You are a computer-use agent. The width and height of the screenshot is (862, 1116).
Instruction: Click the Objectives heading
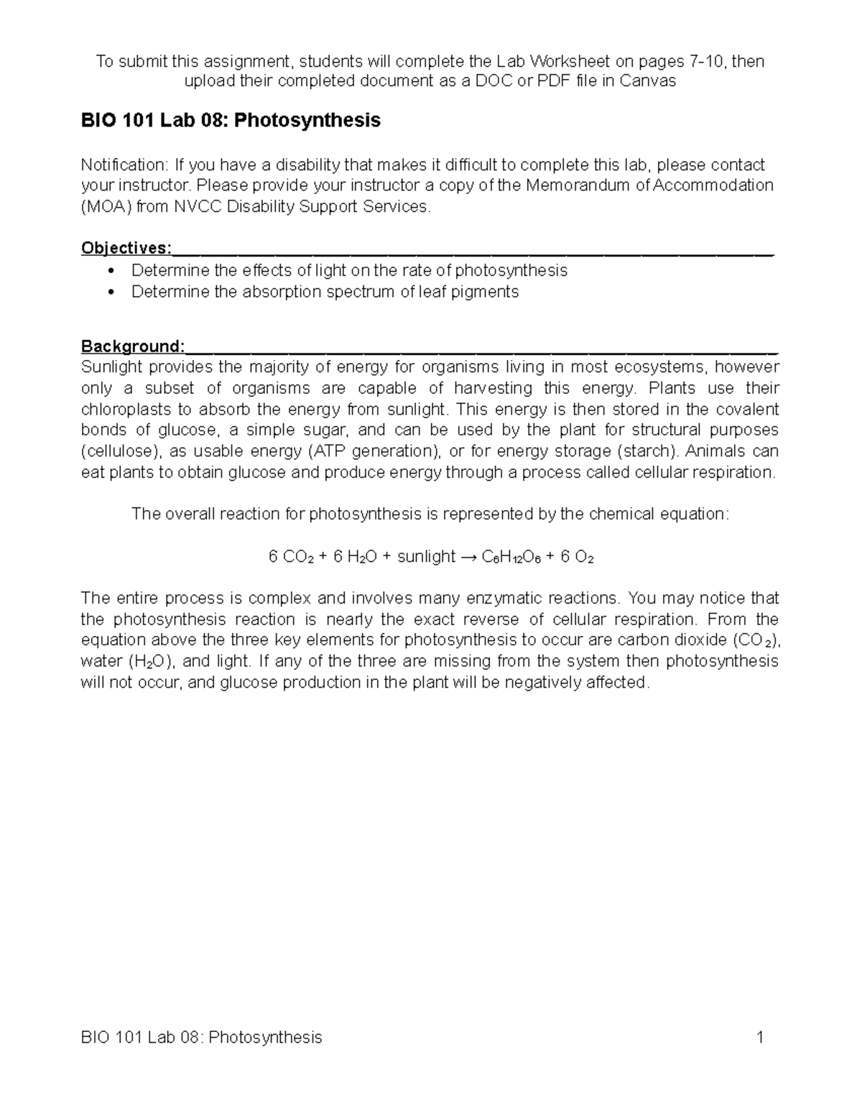coord(126,249)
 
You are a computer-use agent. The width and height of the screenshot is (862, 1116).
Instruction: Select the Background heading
coord(132,347)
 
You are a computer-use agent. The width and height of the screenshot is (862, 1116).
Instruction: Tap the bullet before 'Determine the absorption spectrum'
coord(110,292)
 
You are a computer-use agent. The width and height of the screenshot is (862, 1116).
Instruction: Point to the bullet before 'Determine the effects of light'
coord(110,271)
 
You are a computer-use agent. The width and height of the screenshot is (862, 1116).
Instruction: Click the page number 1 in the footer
coord(759,1038)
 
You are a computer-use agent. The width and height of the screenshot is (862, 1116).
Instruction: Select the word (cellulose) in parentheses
coord(121,452)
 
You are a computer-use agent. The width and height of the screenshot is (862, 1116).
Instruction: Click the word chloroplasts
coord(126,410)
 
